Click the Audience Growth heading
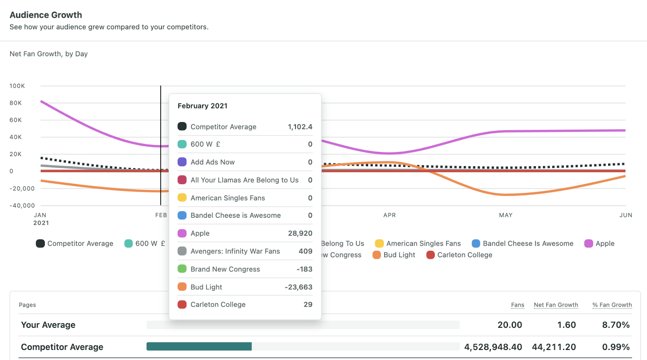(46, 15)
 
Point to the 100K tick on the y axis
(17, 86)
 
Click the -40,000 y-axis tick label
(22, 205)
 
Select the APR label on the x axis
(389, 215)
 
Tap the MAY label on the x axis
(505, 215)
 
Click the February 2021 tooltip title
(202, 106)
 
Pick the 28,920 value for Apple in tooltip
(300, 233)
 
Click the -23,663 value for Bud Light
(298, 287)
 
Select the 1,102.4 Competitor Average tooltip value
(300, 127)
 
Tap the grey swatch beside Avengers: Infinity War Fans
(182, 251)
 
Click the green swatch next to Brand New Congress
(182, 269)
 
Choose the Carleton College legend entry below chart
(460, 255)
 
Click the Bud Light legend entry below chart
(394, 255)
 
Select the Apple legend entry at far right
(600, 244)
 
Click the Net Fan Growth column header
(556, 305)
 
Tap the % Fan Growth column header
(612, 305)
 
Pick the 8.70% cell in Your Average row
(615, 325)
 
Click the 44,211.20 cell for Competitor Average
(554, 347)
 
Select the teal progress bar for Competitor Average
(199, 346)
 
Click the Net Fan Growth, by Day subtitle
(49, 54)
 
